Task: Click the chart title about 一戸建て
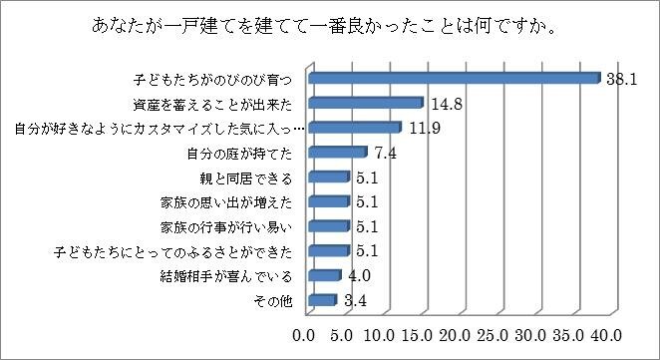(x=329, y=25)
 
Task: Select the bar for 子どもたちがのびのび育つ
(x=454, y=78)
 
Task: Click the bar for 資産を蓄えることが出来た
(x=366, y=103)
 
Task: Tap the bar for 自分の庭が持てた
(x=338, y=153)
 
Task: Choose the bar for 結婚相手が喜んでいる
(x=325, y=275)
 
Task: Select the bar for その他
(x=323, y=300)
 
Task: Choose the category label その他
(x=275, y=300)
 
